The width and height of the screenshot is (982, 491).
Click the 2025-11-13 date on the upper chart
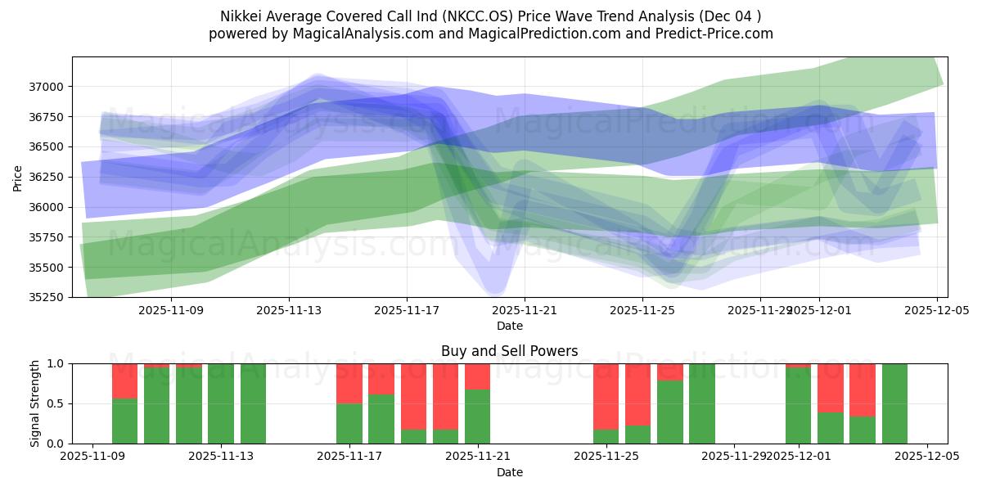pyautogui.click(x=289, y=310)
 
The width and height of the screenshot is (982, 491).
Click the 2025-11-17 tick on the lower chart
pyautogui.click(x=349, y=457)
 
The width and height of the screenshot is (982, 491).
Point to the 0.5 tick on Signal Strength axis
pyautogui.click(x=58, y=403)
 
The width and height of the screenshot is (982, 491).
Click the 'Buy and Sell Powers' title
pyautogui.click(x=509, y=351)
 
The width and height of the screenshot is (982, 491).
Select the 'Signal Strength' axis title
pyautogui.click(x=35, y=403)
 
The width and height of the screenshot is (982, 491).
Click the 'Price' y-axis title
pyautogui.click(x=18, y=177)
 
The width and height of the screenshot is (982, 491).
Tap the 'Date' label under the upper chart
pyautogui.click(x=509, y=326)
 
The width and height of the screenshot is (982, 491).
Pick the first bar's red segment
pyautogui.click(x=124, y=381)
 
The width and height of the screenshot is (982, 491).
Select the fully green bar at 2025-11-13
pyautogui.click(x=221, y=403)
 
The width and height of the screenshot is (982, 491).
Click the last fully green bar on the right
pyautogui.click(x=894, y=403)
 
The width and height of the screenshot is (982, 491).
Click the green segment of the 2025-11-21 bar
pyautogui.click(x=477, y=417)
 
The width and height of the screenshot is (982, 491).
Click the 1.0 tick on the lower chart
pyautogui.click(x=58, y=363)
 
